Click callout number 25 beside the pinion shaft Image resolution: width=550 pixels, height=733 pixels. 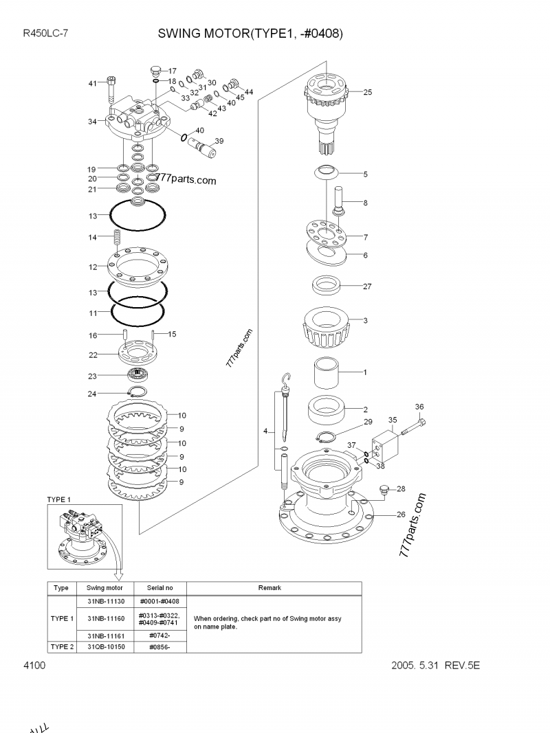tap(367, 92)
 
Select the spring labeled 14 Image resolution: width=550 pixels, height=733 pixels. tap(117, 240)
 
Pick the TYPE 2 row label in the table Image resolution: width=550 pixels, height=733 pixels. tap(61, 646)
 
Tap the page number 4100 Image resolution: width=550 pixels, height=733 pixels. tap(34, 666)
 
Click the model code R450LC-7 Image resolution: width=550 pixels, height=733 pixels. tap(45, 33)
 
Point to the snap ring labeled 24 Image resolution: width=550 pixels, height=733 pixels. tap(138, 392)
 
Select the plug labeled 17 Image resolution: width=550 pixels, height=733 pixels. tap(155, 70)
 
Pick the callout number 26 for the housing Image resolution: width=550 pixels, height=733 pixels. tap(401, 515)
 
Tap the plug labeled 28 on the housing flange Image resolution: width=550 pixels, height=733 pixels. tap(386, 490)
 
